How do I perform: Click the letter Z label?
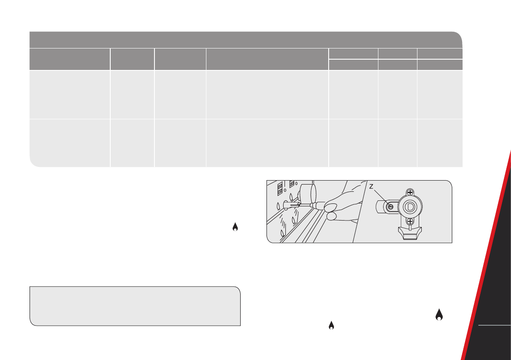(371, 187)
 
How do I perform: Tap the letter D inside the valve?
(410, 207)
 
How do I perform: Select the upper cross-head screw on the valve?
(410, 192)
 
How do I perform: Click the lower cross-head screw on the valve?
(410, 221)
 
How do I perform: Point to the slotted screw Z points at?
(390, 207)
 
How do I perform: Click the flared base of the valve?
(410, 233)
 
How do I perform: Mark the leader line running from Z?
(380, 197)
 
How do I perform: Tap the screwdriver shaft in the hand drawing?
(304, 205)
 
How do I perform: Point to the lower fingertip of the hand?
(331, 216)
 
